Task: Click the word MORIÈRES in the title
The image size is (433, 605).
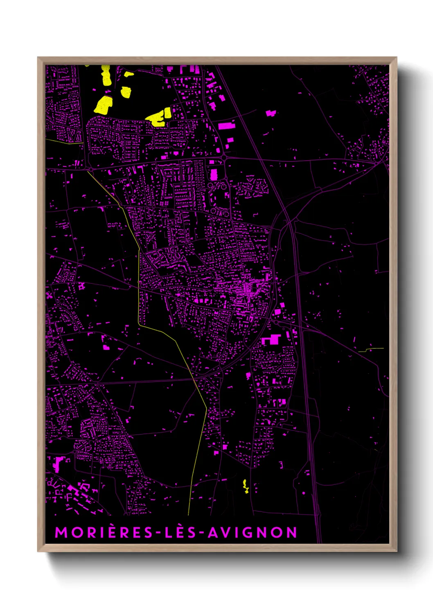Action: [104, 533]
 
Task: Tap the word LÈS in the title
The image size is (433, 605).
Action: [180, 533]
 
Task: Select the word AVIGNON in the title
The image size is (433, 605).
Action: [253, 533]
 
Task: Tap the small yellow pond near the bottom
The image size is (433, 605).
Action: [246, 486]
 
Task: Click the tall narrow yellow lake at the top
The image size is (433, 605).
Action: [106, 75]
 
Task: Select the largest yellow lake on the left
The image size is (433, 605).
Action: [103, 105]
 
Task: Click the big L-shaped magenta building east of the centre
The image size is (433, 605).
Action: [271, 340]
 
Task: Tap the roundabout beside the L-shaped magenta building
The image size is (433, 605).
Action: [276, 323]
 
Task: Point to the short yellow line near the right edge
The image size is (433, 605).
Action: [371, 350]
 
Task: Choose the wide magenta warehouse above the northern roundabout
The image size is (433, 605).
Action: [226, 125]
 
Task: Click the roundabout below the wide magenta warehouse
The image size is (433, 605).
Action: [224, 157]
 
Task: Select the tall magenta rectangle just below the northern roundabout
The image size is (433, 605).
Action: [214, 175]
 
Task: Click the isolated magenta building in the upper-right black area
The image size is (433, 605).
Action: [271, 113]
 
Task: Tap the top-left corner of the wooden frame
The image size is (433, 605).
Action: [38, 58]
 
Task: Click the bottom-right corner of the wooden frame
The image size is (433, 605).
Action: [396, 551]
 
